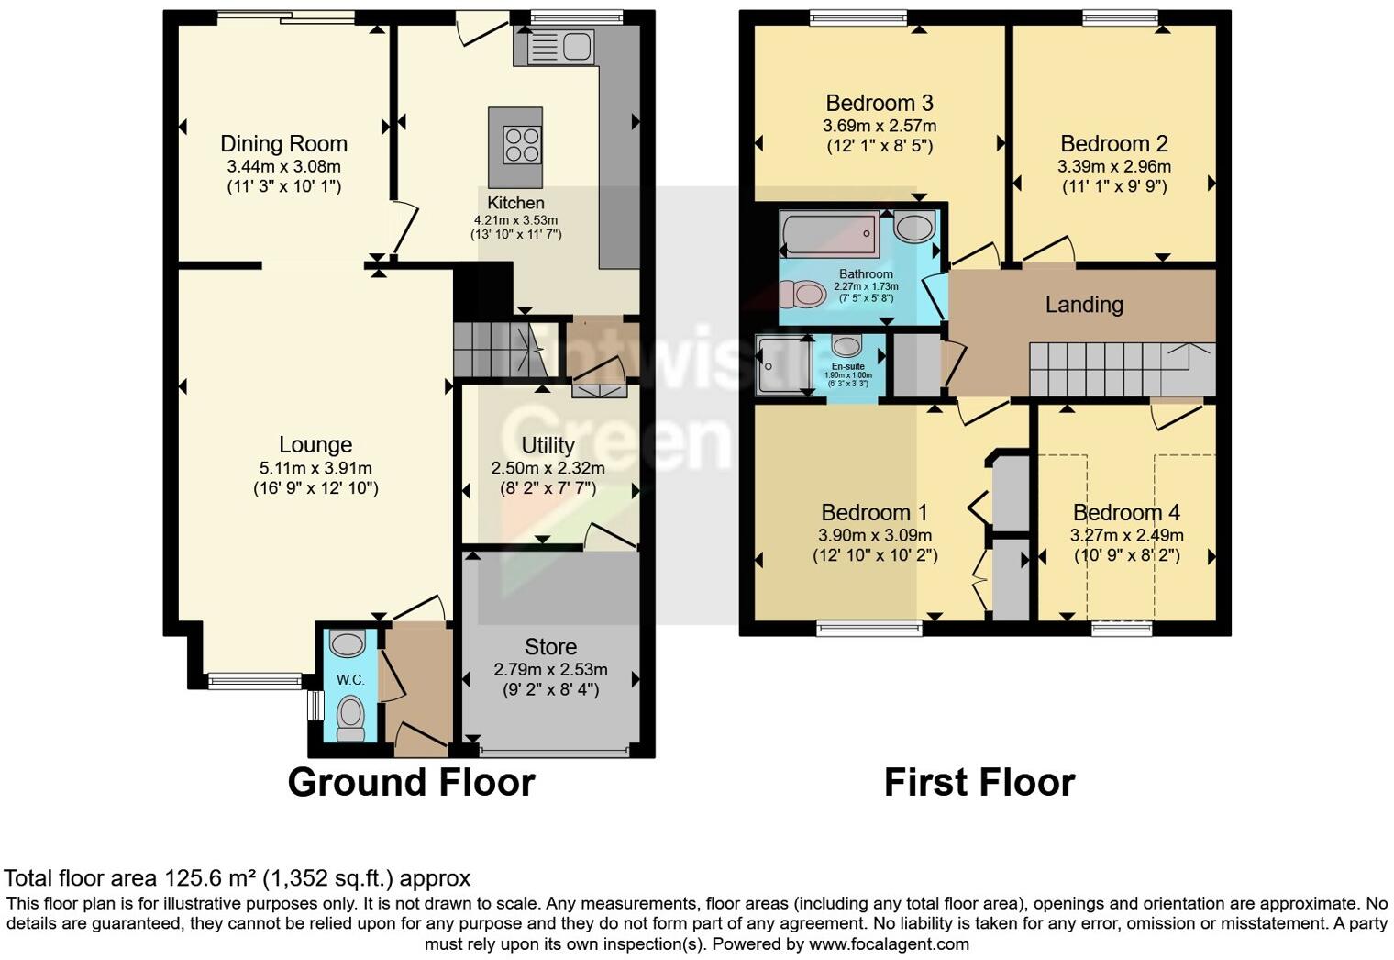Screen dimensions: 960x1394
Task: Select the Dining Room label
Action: click(x=283, y=144)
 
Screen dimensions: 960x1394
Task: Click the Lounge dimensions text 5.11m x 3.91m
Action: click(x=315, y=468)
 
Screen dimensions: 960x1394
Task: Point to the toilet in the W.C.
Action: click(x=349, y=717)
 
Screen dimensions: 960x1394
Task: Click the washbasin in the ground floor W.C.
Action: click(x=348, y=643)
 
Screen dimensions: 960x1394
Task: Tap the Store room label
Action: click(x=550, y=647)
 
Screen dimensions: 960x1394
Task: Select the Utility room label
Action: click(x=548, y=446)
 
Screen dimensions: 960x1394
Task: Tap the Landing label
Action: click(x=1084, y=305)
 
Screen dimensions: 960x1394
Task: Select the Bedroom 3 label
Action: click(x=879, y=103)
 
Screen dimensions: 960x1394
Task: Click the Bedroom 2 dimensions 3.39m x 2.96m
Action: click(x=1113, y=167)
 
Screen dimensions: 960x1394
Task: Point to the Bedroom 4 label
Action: click(x=1126, y=512)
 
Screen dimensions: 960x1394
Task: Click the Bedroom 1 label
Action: click(x=874, y=512)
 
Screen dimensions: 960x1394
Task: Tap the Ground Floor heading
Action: click(x=411, y=783)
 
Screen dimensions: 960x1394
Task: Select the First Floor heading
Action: click(x=979, y=783)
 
